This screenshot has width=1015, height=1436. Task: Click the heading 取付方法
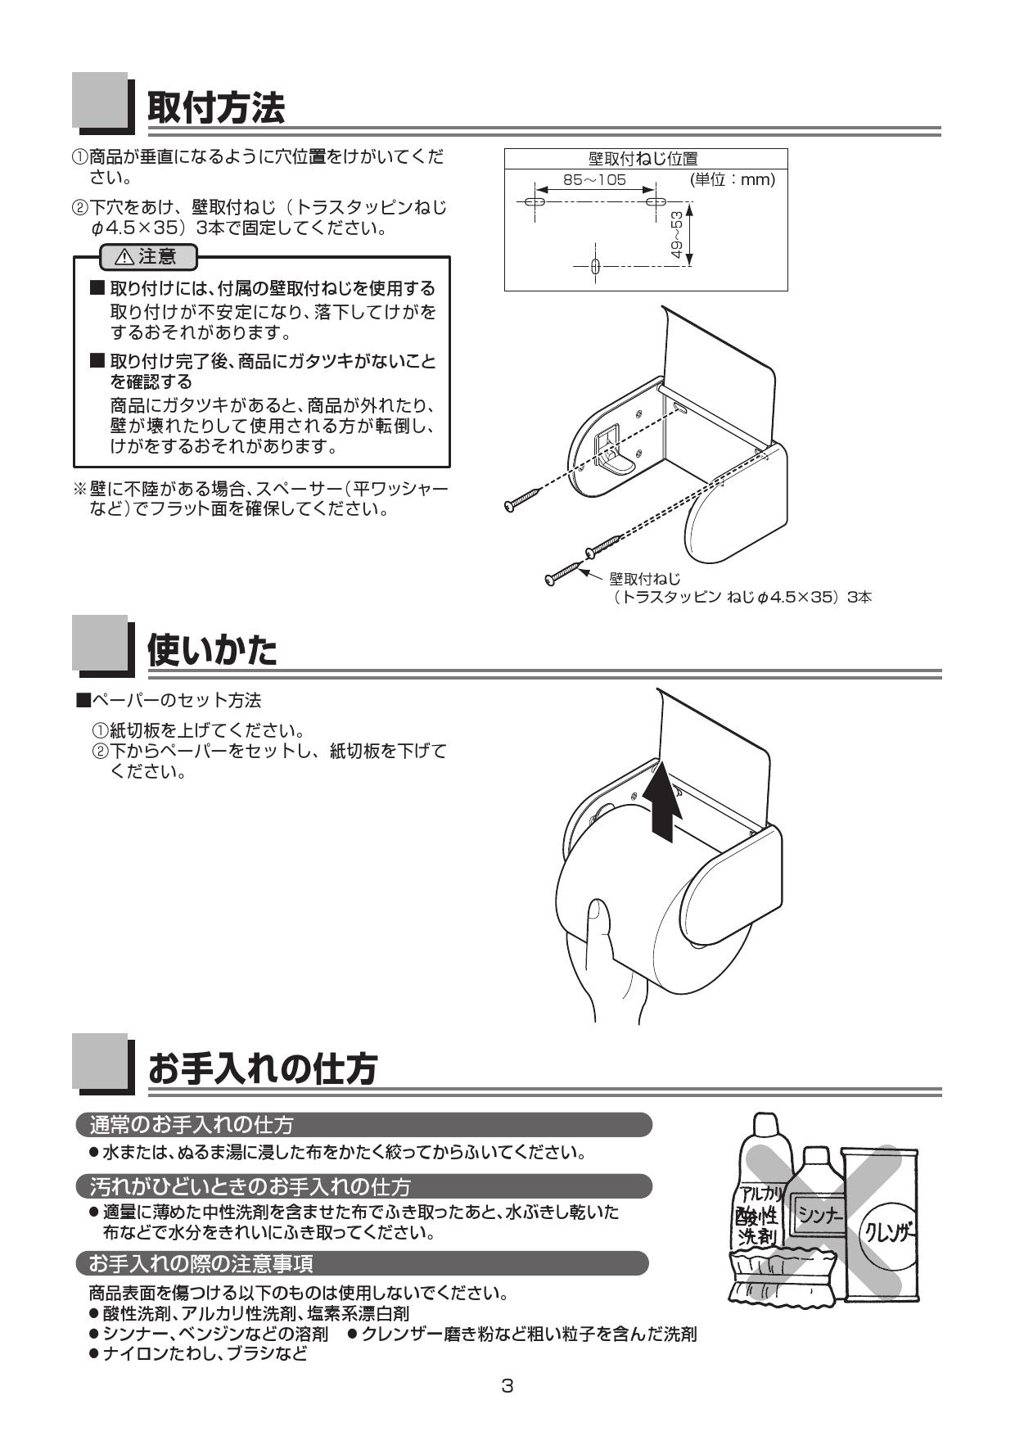215,107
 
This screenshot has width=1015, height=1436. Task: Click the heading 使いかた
212,650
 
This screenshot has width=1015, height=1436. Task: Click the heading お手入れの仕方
262,1068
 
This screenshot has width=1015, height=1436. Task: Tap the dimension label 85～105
594,179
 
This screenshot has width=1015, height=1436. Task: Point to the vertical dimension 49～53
676,235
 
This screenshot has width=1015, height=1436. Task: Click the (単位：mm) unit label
732,179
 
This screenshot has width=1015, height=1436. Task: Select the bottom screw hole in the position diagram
596,266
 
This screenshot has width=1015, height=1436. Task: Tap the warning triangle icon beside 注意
124,257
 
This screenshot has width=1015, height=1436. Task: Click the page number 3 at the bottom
508,1386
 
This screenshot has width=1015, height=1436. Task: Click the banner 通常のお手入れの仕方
192,1125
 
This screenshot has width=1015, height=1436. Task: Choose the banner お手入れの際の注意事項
201,1264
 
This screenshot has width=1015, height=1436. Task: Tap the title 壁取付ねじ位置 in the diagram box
643,158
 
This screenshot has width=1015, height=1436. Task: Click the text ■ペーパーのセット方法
169,700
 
